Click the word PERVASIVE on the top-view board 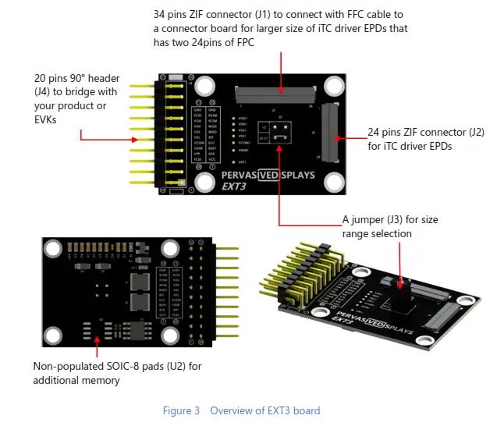(242, 175)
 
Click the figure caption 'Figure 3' (182, 410)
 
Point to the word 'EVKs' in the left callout (46, 118)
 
